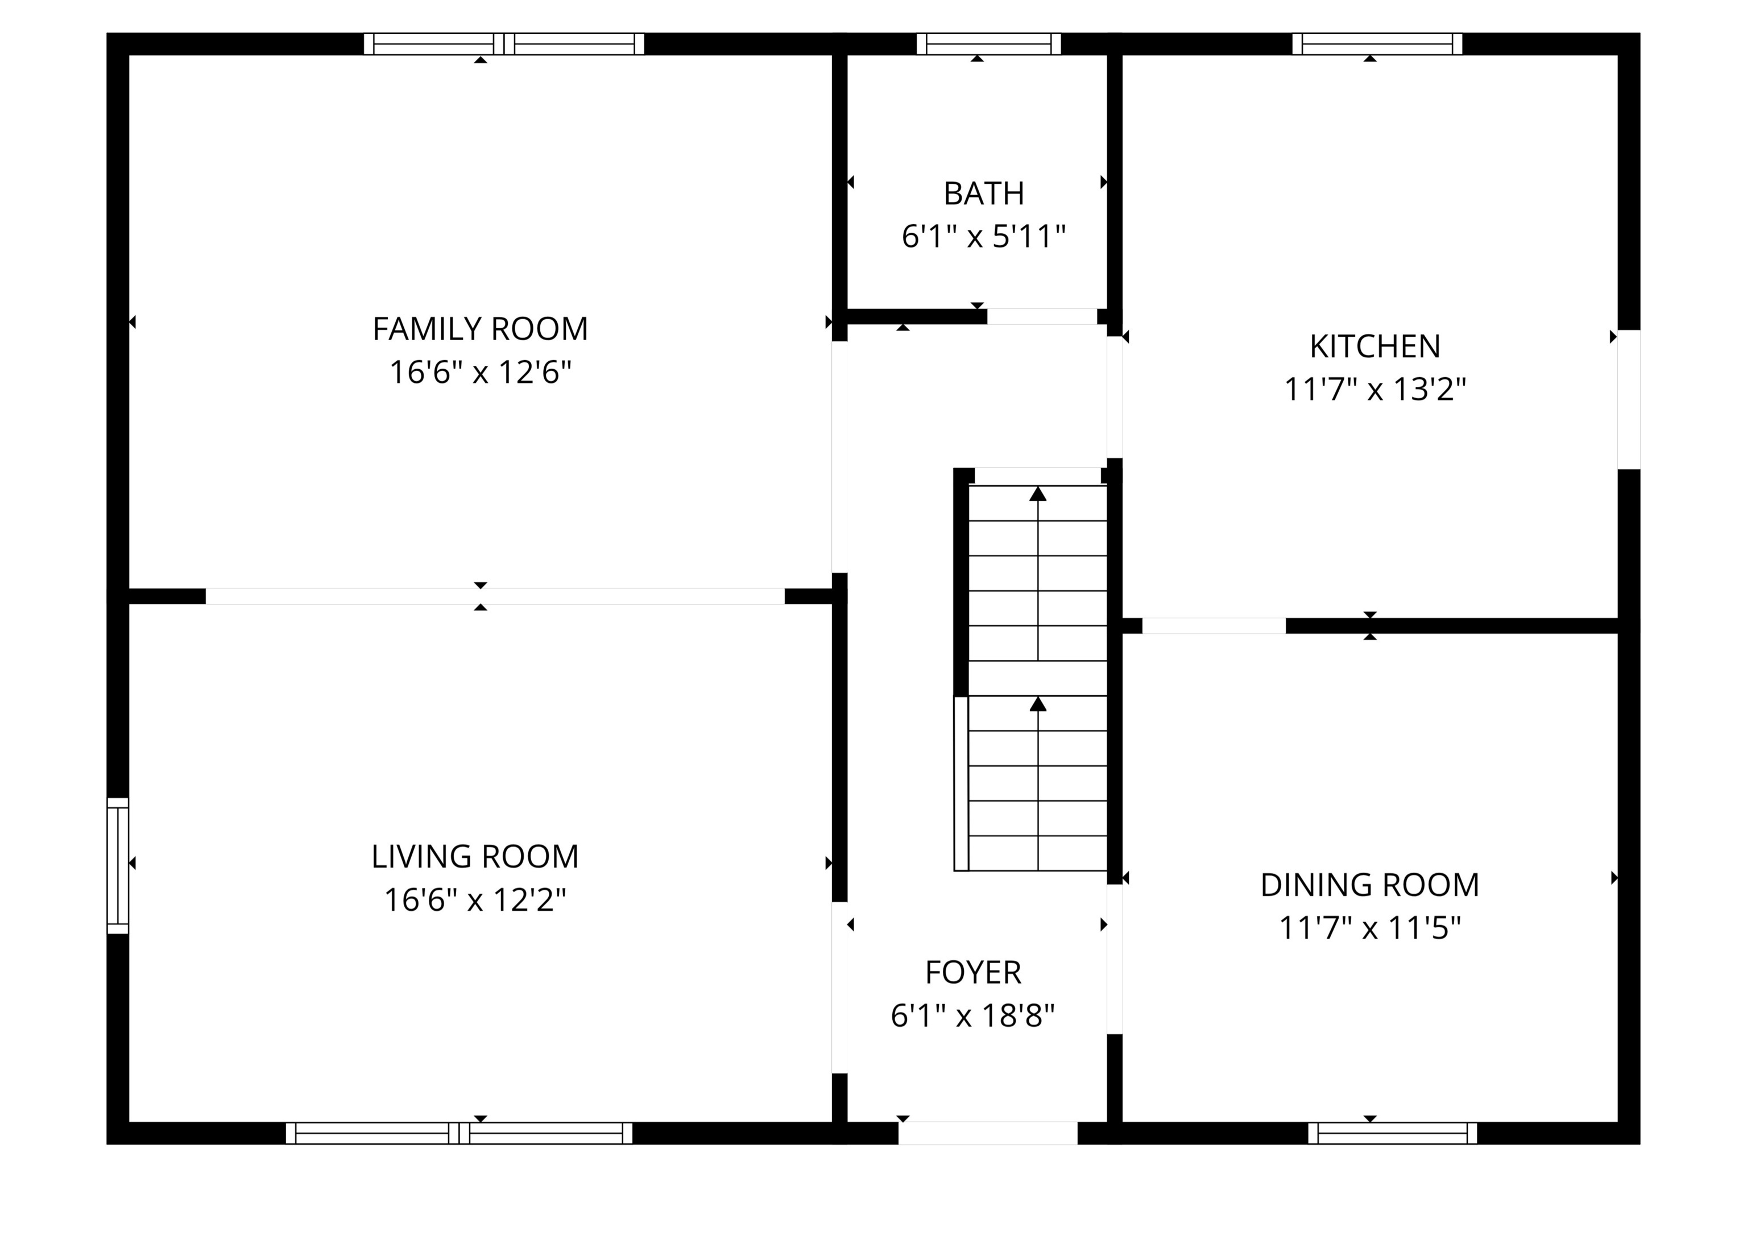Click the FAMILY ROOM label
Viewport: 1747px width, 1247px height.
tap(480, 329)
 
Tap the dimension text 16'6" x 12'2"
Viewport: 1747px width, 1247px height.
tap(475, 900)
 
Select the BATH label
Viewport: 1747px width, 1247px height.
tap(983, 193)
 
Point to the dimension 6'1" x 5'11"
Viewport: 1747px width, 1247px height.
tap(983, 237)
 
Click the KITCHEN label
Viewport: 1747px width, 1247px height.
tap(1374, 346)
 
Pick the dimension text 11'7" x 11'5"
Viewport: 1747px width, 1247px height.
tap(1369, 928)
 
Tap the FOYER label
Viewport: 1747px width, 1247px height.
tap(972, 973)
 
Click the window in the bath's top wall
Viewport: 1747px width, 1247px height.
tap(988, 44)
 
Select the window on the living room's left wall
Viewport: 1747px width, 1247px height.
tap(118, 866)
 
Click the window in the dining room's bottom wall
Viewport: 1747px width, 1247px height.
tap(1392, 1133)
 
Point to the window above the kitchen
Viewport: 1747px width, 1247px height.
tap(1376, 44)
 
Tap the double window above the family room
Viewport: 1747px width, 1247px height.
tap(503, 44)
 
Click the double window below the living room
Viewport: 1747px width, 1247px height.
tap(459, 1133)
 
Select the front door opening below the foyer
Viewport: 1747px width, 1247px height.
tap(987, 1133)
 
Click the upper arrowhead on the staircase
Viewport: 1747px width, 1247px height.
tap(1038, 494)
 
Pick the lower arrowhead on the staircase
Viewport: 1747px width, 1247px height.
tap(1038, 704)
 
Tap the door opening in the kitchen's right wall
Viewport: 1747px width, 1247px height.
tap(1629, 399)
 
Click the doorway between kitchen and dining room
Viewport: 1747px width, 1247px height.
tap(1214, 626)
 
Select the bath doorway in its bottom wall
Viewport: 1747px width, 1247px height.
tap(1042, 316)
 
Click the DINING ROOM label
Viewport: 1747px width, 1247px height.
tap(1369, 885)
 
